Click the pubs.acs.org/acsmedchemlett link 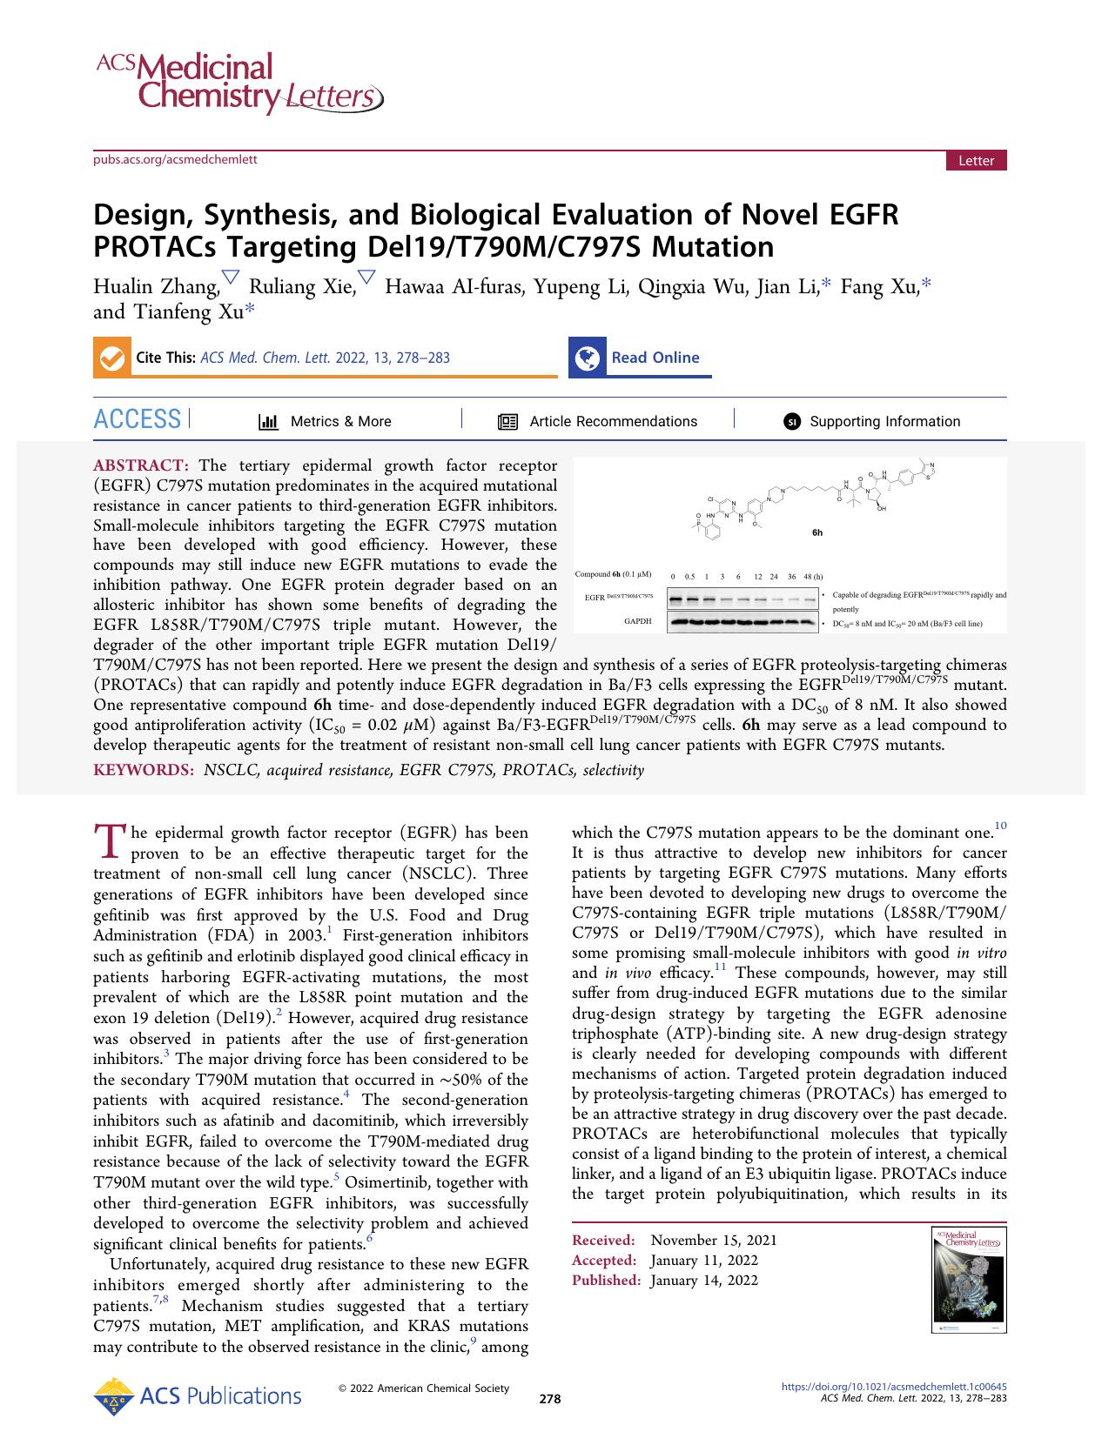tap(175, 158)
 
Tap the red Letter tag tap(976, 161)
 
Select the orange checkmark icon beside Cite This tap(111, 358)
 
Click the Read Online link tap(655, 358)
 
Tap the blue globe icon tap(588, 358)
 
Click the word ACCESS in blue tap(138, 420)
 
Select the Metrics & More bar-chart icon tap(268, 422)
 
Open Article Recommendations tap(613, 421)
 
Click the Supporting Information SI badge tap(791, 422)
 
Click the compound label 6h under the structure tap(816, 532)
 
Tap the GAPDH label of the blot tap(639, 621)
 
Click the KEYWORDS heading tap(144, 770)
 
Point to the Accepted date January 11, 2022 tap(704, 1260)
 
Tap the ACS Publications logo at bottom tap(198, 1396)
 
